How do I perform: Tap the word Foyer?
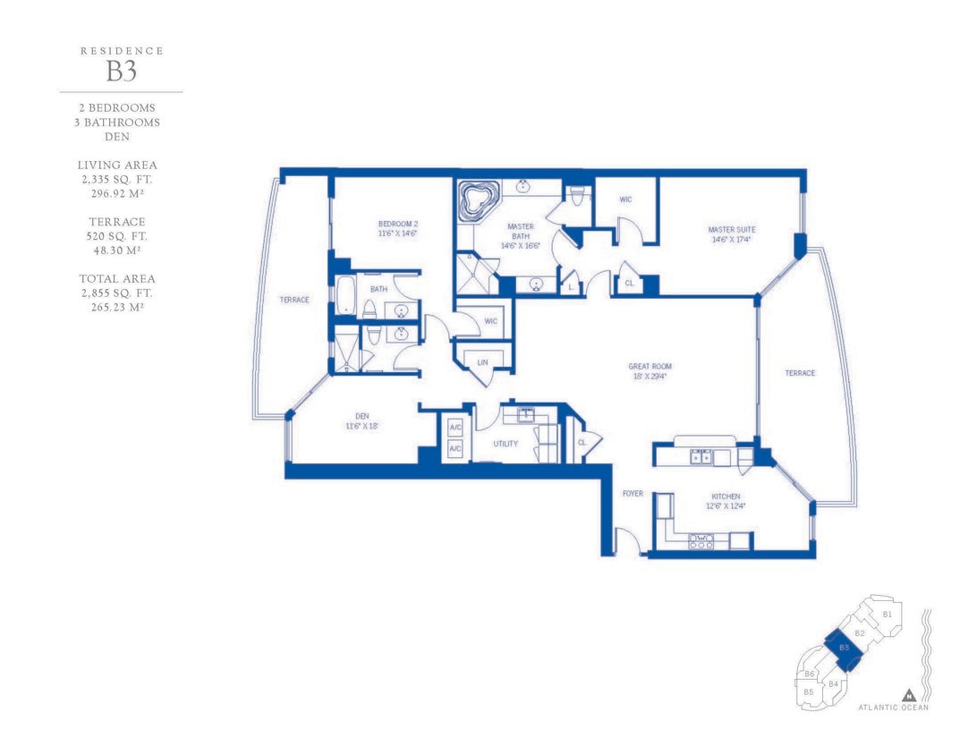(x=633, y=494)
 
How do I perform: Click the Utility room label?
(x=505, y=444)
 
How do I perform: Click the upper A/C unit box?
(x=455, y=428)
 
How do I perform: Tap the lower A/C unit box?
(x=455, y=449)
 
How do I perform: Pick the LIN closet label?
(x=482, y=362)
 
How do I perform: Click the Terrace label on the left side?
(x=294, y=300)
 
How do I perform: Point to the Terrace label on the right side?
(x=800, y=373)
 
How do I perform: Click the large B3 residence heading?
(x=121, y=72)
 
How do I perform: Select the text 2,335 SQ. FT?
(x=117, y=180)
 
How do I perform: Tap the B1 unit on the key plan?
(x=888, y=615)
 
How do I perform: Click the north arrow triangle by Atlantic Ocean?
(x=910, y=695)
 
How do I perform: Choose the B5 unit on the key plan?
(x=809, y=692)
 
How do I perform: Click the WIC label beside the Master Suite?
(x=625, y=199)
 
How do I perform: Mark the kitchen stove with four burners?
(x=701, y=540)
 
